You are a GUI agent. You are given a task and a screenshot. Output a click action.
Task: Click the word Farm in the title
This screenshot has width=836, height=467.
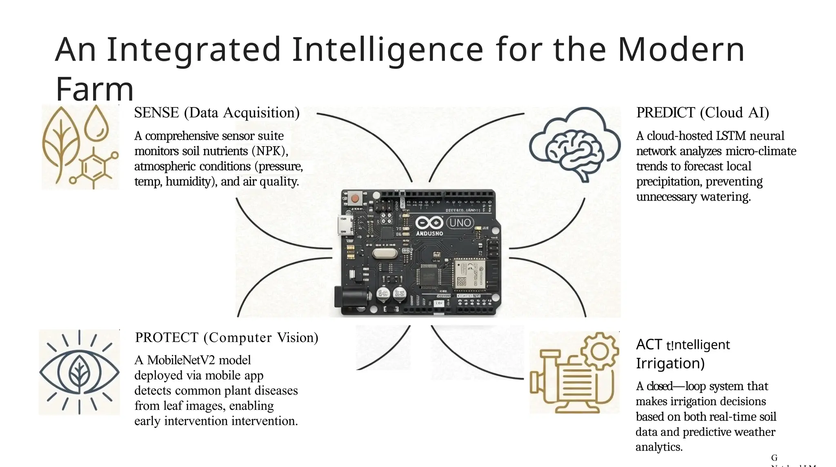[x=95, y=89]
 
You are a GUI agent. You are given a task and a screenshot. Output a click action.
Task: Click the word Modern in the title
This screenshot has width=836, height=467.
[x=681, y=49]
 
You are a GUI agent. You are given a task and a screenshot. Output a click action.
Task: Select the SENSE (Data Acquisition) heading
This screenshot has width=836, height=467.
[x=217, y=113]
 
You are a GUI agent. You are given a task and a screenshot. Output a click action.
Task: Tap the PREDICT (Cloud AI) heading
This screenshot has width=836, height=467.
[x=703, y=113]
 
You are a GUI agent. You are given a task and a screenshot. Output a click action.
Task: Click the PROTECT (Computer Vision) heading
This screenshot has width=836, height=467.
[x=227, y=337]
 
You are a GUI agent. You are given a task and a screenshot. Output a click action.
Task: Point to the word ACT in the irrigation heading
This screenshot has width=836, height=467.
[x=649, y=344]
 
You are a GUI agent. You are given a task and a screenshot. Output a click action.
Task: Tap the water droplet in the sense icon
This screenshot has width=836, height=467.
[x=96, y=123]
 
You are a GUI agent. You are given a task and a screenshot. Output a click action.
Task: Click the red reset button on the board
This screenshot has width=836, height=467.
[x=355, y=199]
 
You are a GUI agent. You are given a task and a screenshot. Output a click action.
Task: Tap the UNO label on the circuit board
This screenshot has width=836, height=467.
[x=460, y=223]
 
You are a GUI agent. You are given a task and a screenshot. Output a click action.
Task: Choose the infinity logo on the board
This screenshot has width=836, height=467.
[x=429, y=223]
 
